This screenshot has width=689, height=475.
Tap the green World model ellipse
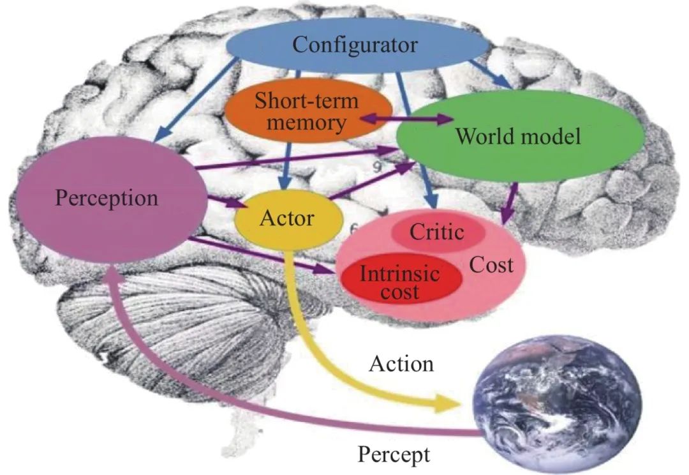(518, 136)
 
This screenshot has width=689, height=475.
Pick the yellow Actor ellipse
(286, 218)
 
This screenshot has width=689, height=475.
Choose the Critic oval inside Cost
(437, 232)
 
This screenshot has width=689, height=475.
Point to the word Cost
(491, 264)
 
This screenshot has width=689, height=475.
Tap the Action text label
(401, 364)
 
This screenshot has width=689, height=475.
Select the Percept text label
(394, 455)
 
